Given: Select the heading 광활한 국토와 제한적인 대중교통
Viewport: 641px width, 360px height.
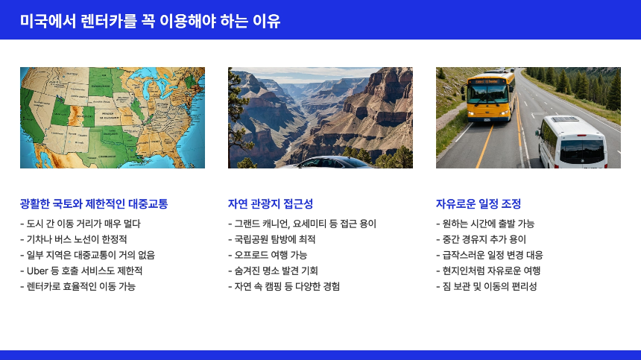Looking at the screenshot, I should [x=94, y=203].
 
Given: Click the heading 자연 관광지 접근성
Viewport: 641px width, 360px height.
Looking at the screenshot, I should [x=271, y=203].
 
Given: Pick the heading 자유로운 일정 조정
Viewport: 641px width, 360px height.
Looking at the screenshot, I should [x=479, y=203].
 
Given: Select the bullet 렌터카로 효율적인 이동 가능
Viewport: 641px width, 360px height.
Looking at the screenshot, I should [x=81, y=286].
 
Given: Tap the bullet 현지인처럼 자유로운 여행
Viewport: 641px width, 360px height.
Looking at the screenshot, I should [x=491, y=271].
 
